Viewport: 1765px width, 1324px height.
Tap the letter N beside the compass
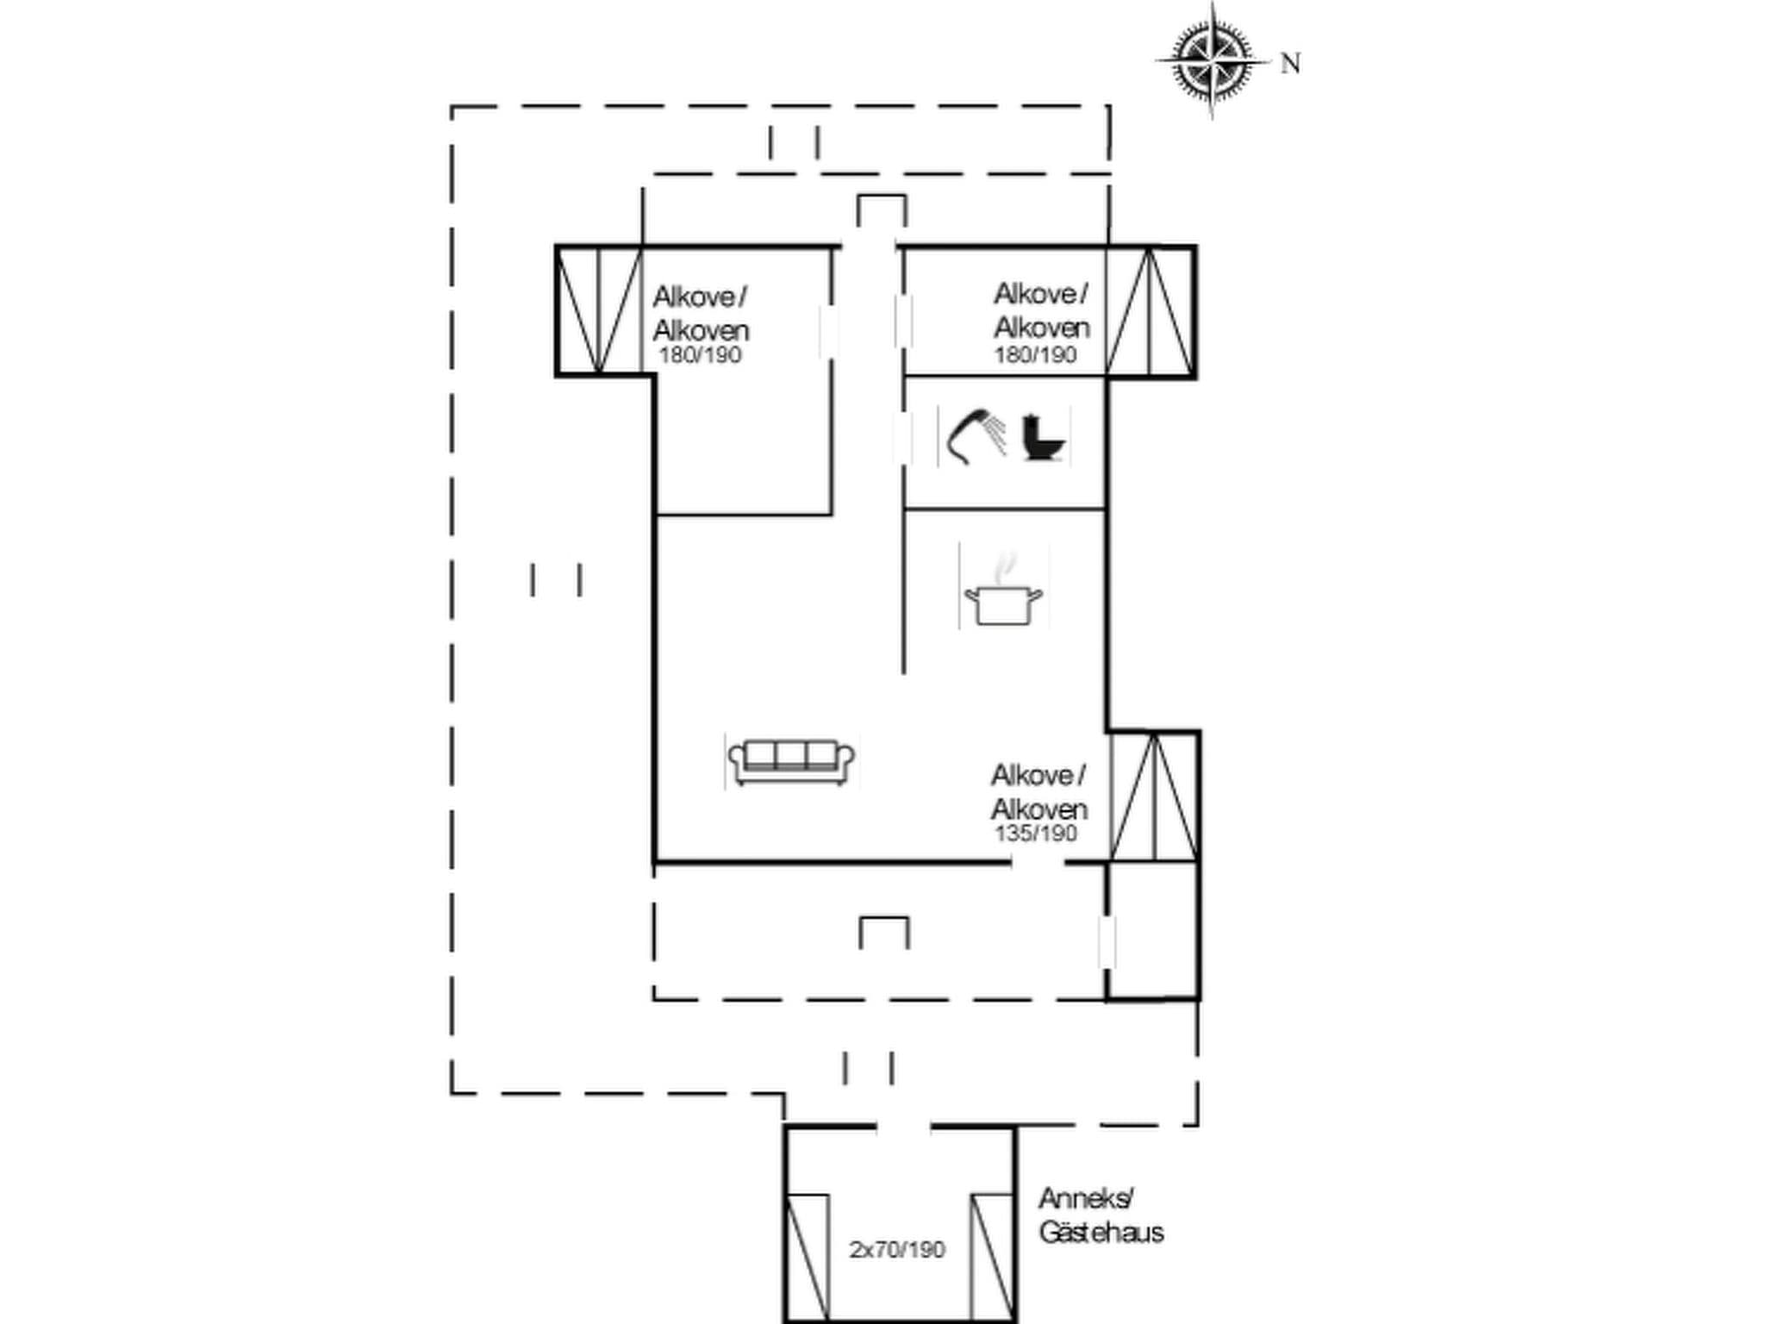coord(1290,64)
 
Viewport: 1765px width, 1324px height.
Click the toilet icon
coord(1044,438)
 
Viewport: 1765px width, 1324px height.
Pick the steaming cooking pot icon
coord(1003,595)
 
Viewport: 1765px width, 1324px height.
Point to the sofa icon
coord(791,762)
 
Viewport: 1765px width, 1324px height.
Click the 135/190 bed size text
coord(1036,834)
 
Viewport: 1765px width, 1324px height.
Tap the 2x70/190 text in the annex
coord(897,1249)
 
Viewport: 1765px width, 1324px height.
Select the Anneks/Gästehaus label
coord(1100,1215)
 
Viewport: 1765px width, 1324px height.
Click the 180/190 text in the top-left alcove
coord(700,355)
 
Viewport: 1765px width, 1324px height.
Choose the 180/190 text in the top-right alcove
coord(1035,354)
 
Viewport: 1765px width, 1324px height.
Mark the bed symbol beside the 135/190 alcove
coord(1153,796)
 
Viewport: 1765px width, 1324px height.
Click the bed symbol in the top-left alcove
coord(599,311)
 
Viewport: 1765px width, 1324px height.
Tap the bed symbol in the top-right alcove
coord(1150,311)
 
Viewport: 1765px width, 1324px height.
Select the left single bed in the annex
coord(808,1258)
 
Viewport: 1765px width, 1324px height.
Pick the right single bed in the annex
coord(992,1258)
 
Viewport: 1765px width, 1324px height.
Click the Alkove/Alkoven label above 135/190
coord(1038,792)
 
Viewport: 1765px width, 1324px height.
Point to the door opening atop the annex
coord(903,1127)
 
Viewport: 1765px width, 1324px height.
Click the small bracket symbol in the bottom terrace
coord(884,932)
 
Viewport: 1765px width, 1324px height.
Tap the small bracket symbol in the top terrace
coord(881,210)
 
